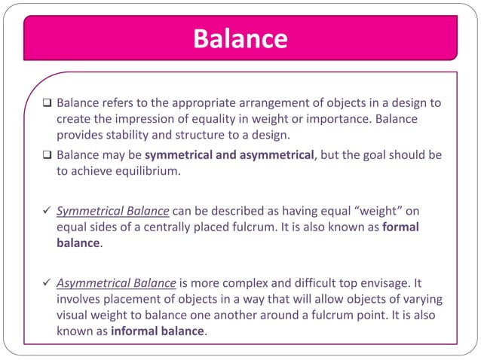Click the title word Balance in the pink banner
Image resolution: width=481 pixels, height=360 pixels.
click(x=240, y=38)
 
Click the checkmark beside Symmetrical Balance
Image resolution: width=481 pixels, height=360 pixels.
click(x=46, y=209)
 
